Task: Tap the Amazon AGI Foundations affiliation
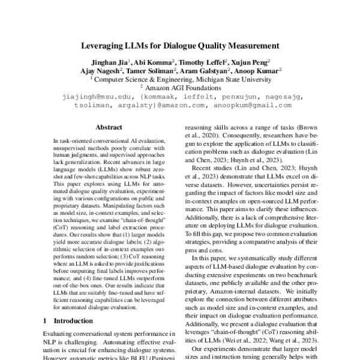coord(184,87)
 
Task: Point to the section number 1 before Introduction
coord(46,320)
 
